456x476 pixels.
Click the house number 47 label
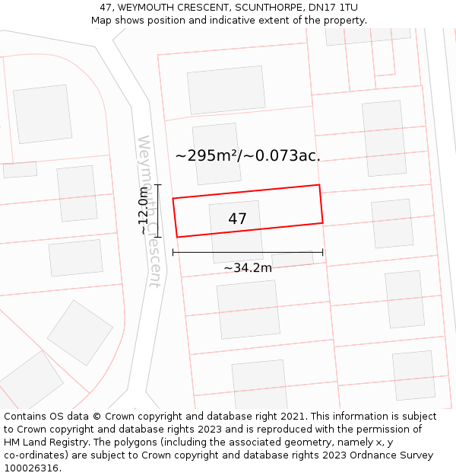(237, 219)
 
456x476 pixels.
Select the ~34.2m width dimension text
(248, 268)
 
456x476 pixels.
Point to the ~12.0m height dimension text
(143, 211)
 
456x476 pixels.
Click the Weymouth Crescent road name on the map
(150, 212)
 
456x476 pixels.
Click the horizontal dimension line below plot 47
(248, 252)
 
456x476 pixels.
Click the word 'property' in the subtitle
(343, 21)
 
